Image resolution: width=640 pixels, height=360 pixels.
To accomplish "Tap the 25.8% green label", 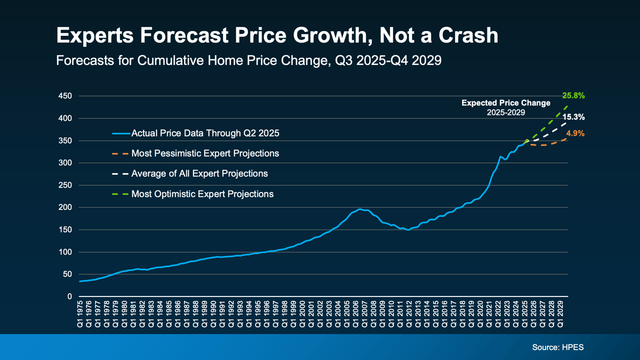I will [x=573, y=95].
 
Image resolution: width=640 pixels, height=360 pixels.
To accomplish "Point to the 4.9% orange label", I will [x=575, y=133].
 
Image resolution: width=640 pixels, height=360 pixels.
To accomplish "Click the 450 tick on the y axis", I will [x=66, y=96].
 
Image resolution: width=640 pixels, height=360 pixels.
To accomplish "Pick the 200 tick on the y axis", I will [x=66, y=207].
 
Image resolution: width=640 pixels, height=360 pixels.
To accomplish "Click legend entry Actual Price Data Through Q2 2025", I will [x=205, y=133].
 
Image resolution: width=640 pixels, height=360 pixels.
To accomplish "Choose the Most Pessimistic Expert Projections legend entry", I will [x=205, y=153].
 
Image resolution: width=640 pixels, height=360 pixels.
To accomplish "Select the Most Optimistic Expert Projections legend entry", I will [x=202, y=193].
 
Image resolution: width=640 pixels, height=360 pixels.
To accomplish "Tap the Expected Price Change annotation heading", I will [x=505, y=103].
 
